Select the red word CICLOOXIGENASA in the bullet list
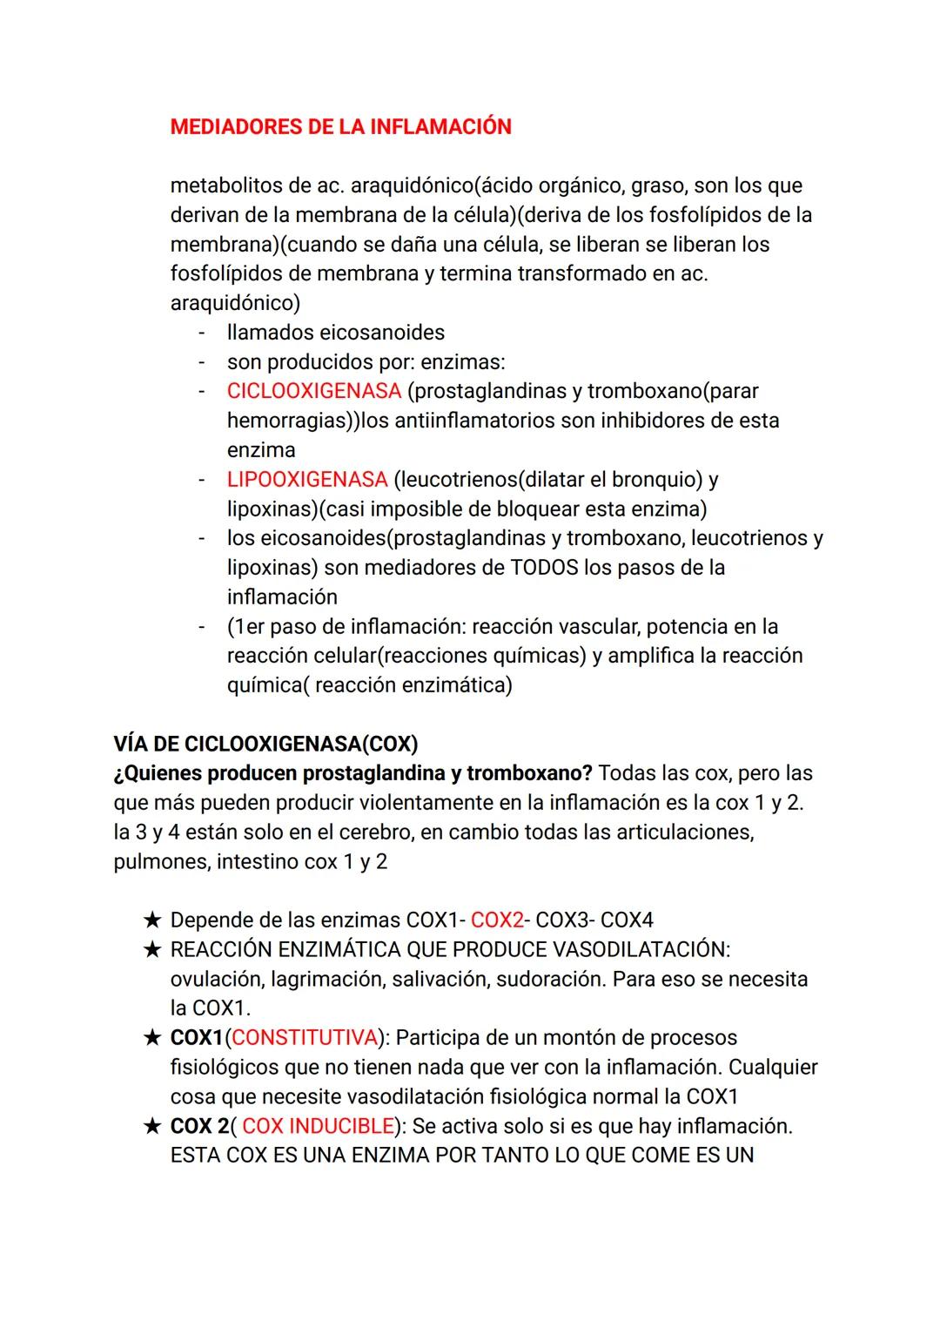[x=314, y=391]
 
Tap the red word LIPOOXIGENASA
[x=307, y=479]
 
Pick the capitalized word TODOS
[x=544, y=568]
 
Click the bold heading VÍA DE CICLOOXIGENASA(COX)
[x=265, y=745]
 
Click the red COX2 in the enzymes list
[x=497, y=920]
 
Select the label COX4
[x=627, y=920]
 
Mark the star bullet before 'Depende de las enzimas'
[x=152, y=920]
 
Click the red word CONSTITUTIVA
[x=305, y=1038]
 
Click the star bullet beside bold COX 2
[x=152, y=1126]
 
